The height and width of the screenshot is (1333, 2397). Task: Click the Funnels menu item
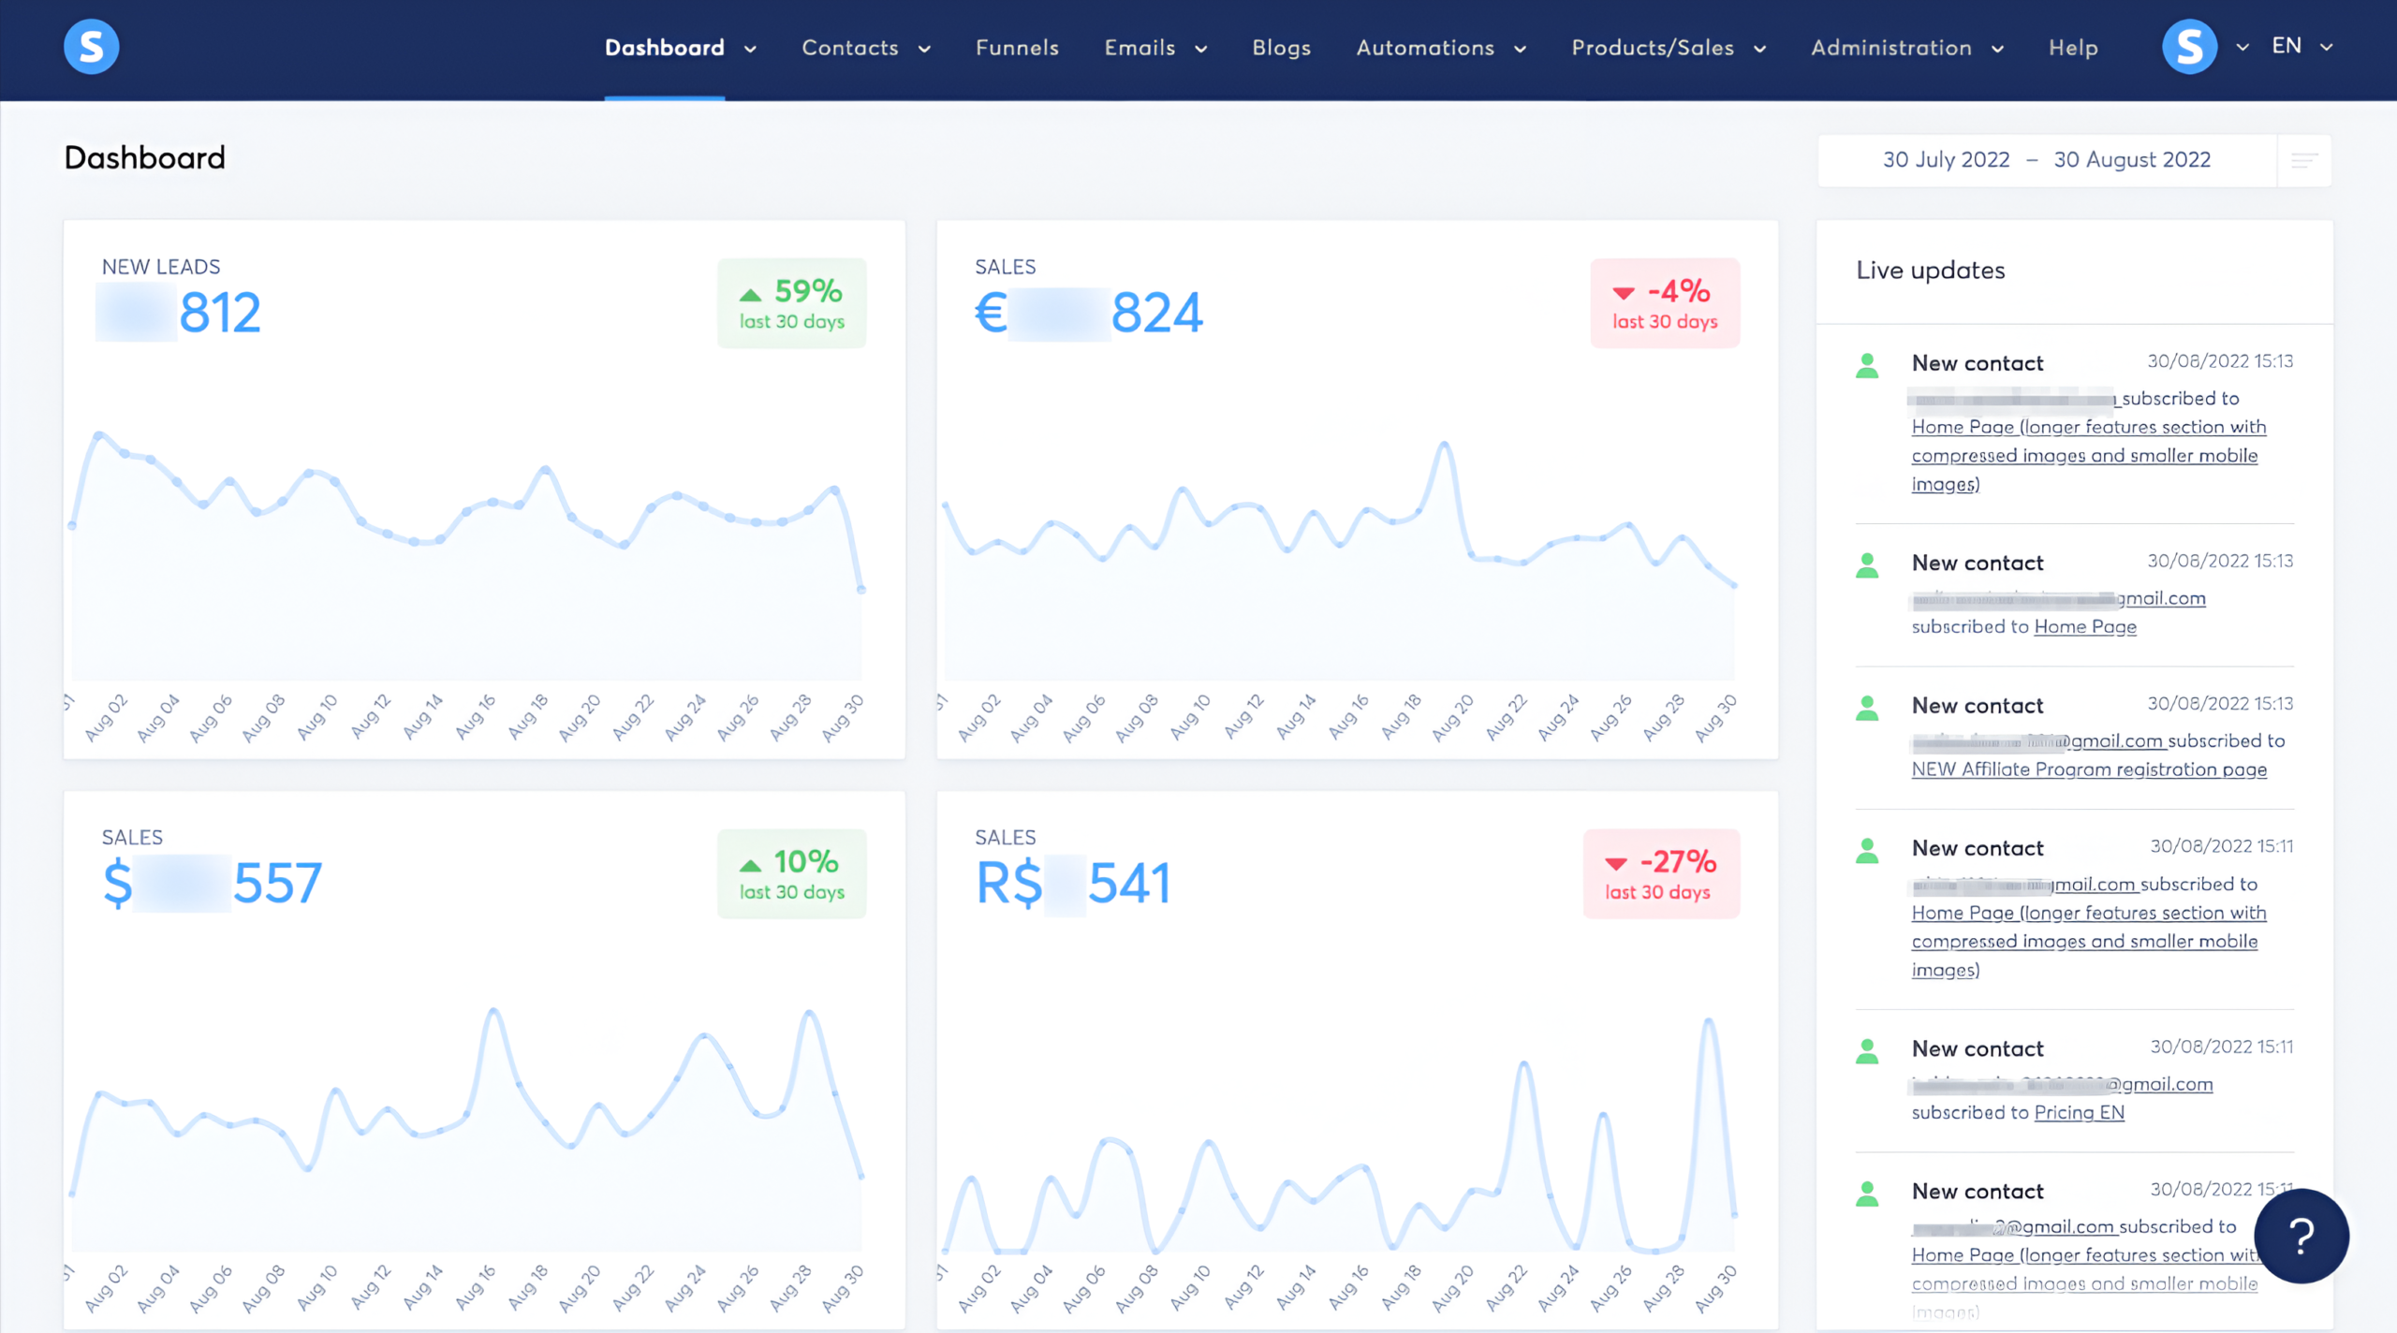[x=1017, y=48]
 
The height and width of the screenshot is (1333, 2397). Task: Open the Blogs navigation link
[x=1281, y=48]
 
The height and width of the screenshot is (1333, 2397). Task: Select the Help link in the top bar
[x=2073, y=48]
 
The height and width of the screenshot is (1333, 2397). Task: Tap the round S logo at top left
[x=91, y=47]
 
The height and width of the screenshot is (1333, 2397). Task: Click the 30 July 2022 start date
[x=1946, y=160]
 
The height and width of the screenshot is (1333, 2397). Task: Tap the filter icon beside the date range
[x=2304, y=161]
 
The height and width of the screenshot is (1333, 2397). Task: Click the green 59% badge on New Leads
[x=792, y=303]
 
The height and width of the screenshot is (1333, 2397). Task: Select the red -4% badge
[x=1665, y=303]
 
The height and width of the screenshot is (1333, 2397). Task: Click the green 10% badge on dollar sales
[x=792, y=873]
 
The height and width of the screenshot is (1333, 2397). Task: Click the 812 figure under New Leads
[x=220, y=313]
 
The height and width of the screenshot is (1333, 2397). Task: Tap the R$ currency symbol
[x=1008, y=883]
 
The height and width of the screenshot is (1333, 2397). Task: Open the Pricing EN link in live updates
[x=2079, y=1113]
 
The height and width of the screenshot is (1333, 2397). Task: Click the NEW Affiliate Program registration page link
[x=2089, y=769]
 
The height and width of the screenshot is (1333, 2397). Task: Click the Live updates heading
[x=1931, y=271]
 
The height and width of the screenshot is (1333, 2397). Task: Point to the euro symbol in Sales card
[x=991, y=313]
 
